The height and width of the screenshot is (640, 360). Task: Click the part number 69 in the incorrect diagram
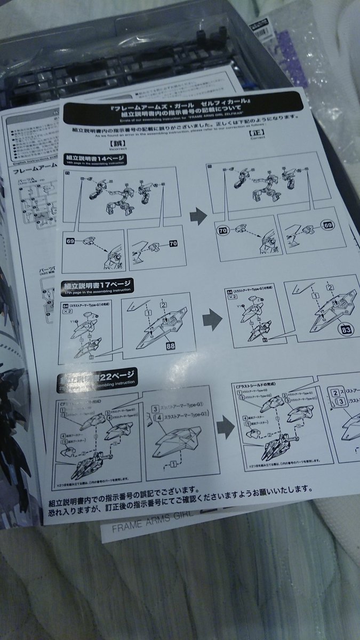(70, 242)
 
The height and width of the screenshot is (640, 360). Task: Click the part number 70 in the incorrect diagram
(172, 244)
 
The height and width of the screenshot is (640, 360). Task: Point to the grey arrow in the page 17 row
(212, 320)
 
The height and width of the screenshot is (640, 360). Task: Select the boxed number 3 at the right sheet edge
(339, 402)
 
